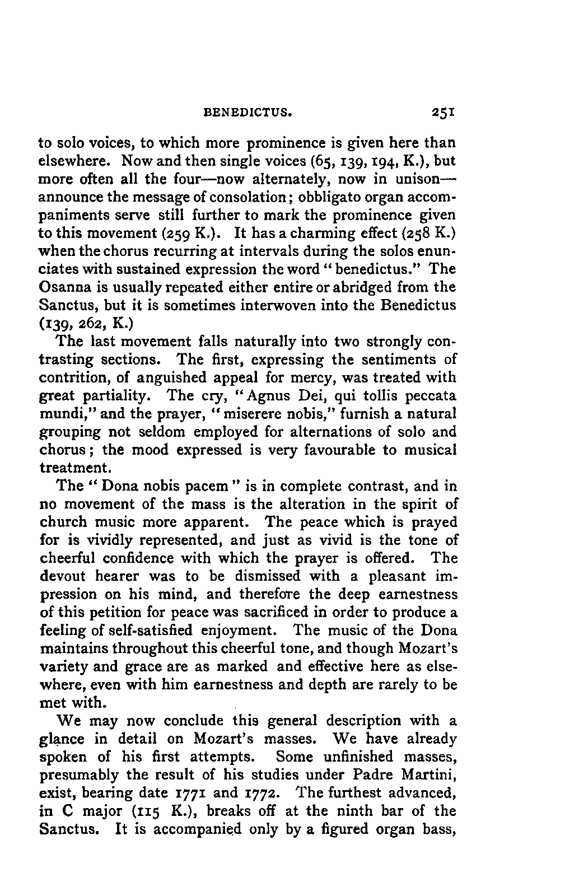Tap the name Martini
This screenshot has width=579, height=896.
[x=429, y=775]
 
